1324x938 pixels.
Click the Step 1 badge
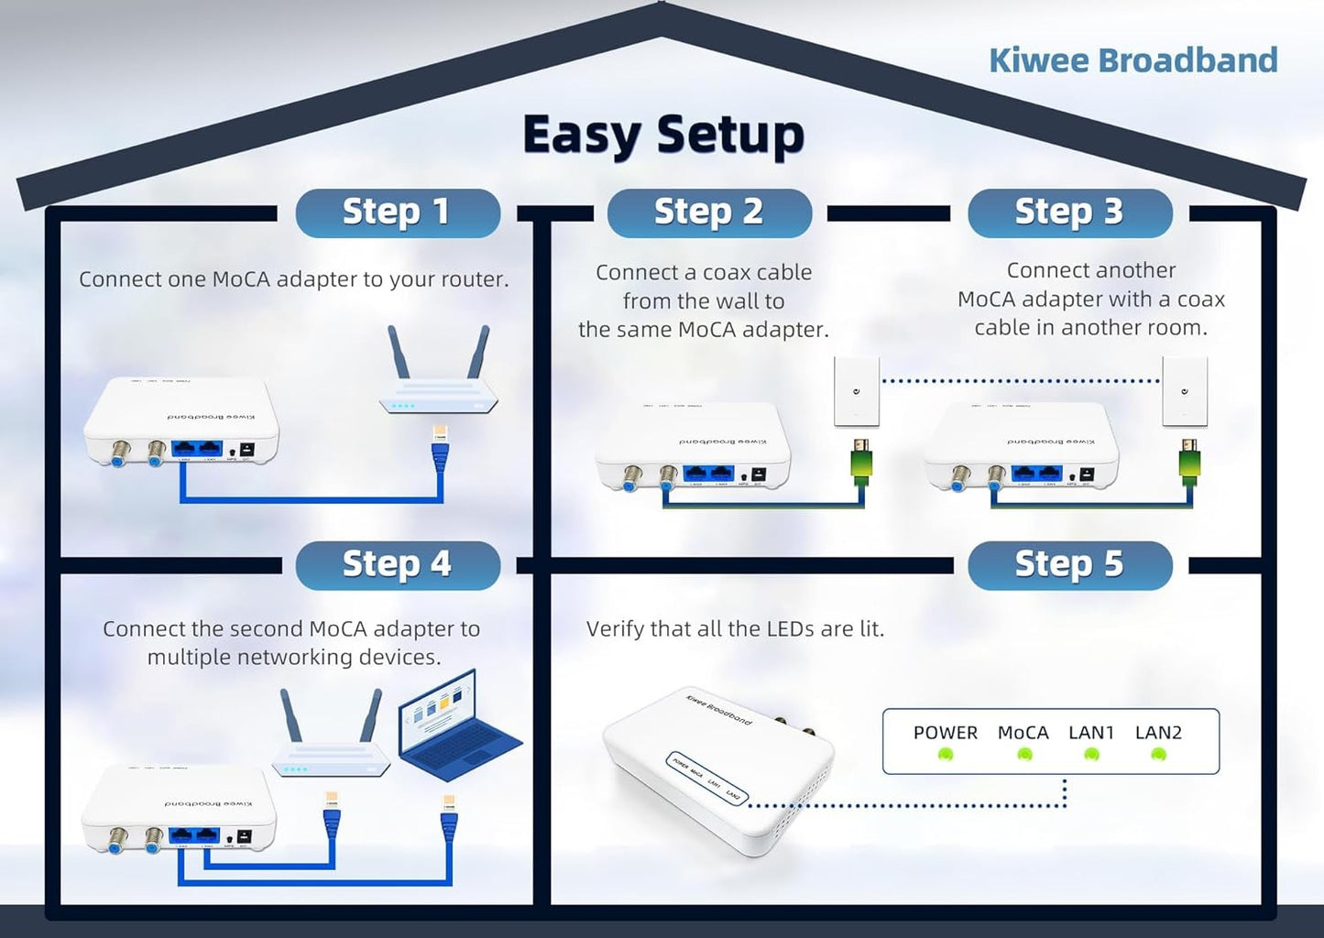click(x=397, y=213)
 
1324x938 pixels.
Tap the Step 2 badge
click(x=708, y=213)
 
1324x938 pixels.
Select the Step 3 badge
click(x=1069, y=213)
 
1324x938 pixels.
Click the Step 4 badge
click(x=397, y=564)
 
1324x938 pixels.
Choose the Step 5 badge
click(x=1069, y=564)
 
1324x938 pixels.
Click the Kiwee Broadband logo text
click(x=1133, y=60)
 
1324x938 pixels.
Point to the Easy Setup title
click(x=662, y=136)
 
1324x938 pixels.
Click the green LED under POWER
click(x=946, y=755)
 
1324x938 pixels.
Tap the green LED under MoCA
click(x=1024, y=755)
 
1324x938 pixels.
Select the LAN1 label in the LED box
click(x=1090, y=733)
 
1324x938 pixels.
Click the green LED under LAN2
click(x=1158, y=755)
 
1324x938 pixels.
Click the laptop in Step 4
click(x=455, y=726)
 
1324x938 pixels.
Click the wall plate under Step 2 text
click(x=856, y=392)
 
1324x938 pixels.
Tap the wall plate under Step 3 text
click(x=1184, y=392)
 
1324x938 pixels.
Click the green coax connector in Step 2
click(x=861, y=464)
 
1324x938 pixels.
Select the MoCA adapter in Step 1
click(x=181, y=421)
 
